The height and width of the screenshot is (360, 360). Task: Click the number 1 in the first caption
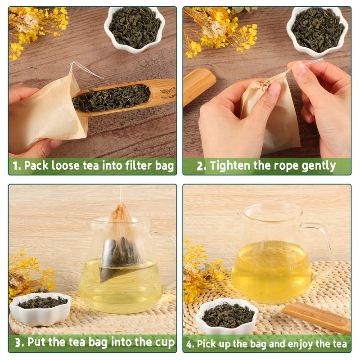point(16,166)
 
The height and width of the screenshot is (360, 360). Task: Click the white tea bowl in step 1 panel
point(134,28)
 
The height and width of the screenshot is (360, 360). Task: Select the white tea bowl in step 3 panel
point(40,308)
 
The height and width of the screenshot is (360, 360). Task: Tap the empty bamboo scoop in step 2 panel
point(198,85)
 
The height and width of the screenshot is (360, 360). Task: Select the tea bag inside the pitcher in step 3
point(119,252)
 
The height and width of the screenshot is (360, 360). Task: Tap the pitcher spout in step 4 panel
point(243,215)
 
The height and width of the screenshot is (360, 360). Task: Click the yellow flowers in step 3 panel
point(29,274)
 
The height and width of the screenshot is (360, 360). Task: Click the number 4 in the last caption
point(190,345)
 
